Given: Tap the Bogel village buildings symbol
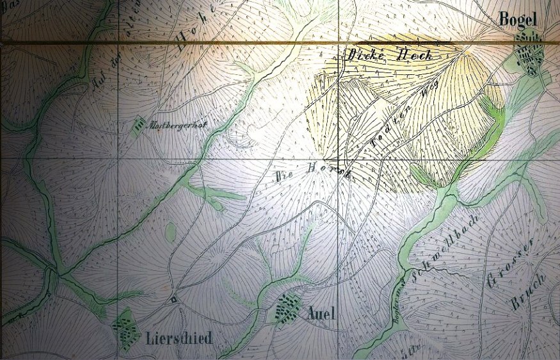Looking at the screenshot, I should [531, 55].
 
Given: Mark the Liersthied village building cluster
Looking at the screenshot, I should [126, 330].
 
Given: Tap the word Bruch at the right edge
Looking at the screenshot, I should [527, 294].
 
